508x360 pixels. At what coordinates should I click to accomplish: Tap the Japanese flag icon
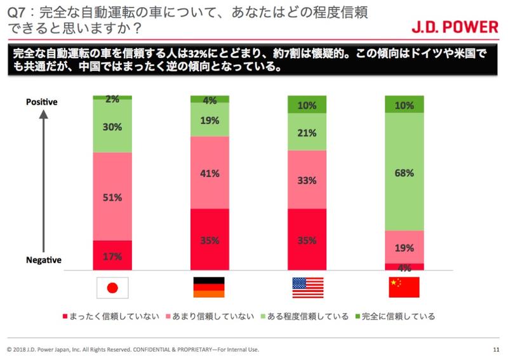click(x=112, y=288)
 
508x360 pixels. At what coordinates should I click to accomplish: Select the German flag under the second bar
click(x=209, y=288)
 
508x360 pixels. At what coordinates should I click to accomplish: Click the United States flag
click(x=307, y=288)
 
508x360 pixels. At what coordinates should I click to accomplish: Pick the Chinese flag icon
click(x=404, y=288)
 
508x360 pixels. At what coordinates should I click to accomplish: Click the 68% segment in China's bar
click(x=404, y=172)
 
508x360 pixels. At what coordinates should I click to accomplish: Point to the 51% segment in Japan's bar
click(x=112, y=196)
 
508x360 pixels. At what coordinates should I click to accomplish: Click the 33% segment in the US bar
click(x=307, y=180)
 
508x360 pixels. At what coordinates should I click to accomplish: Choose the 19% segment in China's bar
click(x=404, y=247)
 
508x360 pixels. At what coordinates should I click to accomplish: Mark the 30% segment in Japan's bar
click(x=112, y=126)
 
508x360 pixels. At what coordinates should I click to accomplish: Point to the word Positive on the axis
click(x=42, y=102)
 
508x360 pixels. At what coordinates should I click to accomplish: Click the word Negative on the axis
click(x=43, y=260)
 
